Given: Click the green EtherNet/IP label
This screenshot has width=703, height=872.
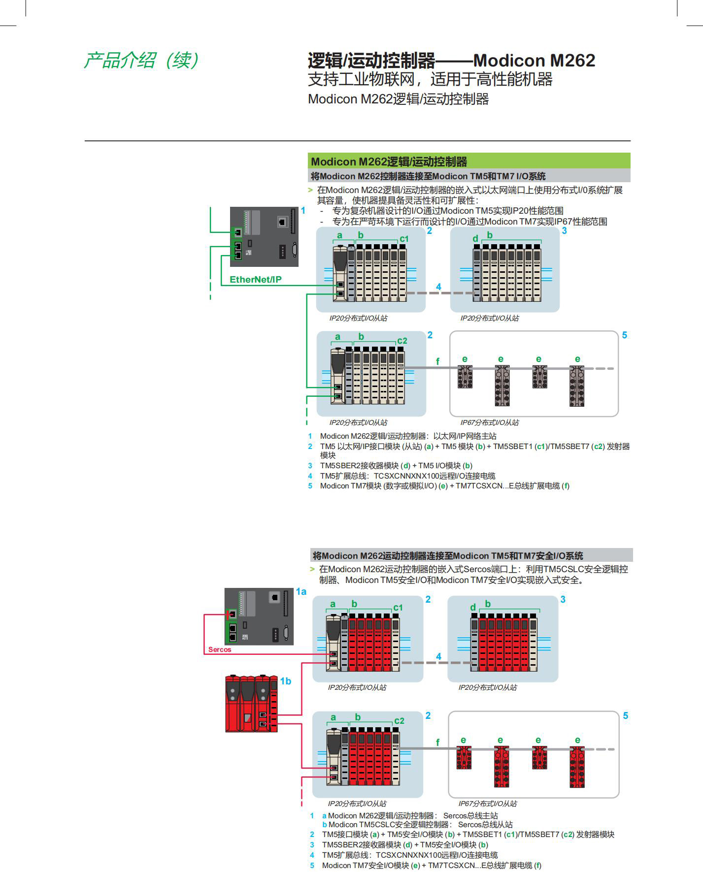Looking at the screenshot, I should coord(255,280).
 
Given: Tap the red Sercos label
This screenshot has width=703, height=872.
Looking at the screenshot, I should coord(219,649).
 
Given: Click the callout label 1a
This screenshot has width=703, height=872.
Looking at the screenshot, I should coord(301,592).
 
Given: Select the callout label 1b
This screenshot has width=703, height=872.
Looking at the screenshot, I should coord(286,681).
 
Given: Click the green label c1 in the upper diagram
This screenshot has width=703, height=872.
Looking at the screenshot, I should coord(404,239).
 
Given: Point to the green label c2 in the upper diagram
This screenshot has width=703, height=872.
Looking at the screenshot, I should coord(402,341).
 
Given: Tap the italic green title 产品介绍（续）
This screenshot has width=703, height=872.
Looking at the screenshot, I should coord(141,61).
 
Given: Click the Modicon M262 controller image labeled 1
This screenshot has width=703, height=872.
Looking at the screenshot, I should coord(264,237).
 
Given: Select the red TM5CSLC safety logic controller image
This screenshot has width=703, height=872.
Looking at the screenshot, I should coord(251,704).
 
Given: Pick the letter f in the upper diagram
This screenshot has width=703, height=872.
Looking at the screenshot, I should coord(437,362).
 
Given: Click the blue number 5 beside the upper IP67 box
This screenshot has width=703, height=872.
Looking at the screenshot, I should coord(625,335).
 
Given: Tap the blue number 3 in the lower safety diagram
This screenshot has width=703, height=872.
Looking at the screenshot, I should coord(563,599).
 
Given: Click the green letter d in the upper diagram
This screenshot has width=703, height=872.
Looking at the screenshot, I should coord(475,239).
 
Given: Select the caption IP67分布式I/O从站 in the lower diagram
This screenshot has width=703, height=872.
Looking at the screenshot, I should coord(488,804).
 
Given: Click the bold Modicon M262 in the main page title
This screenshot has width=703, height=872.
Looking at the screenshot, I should coord(534,61).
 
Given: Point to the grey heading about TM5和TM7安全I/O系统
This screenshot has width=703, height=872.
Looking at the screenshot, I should coord(447,556).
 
